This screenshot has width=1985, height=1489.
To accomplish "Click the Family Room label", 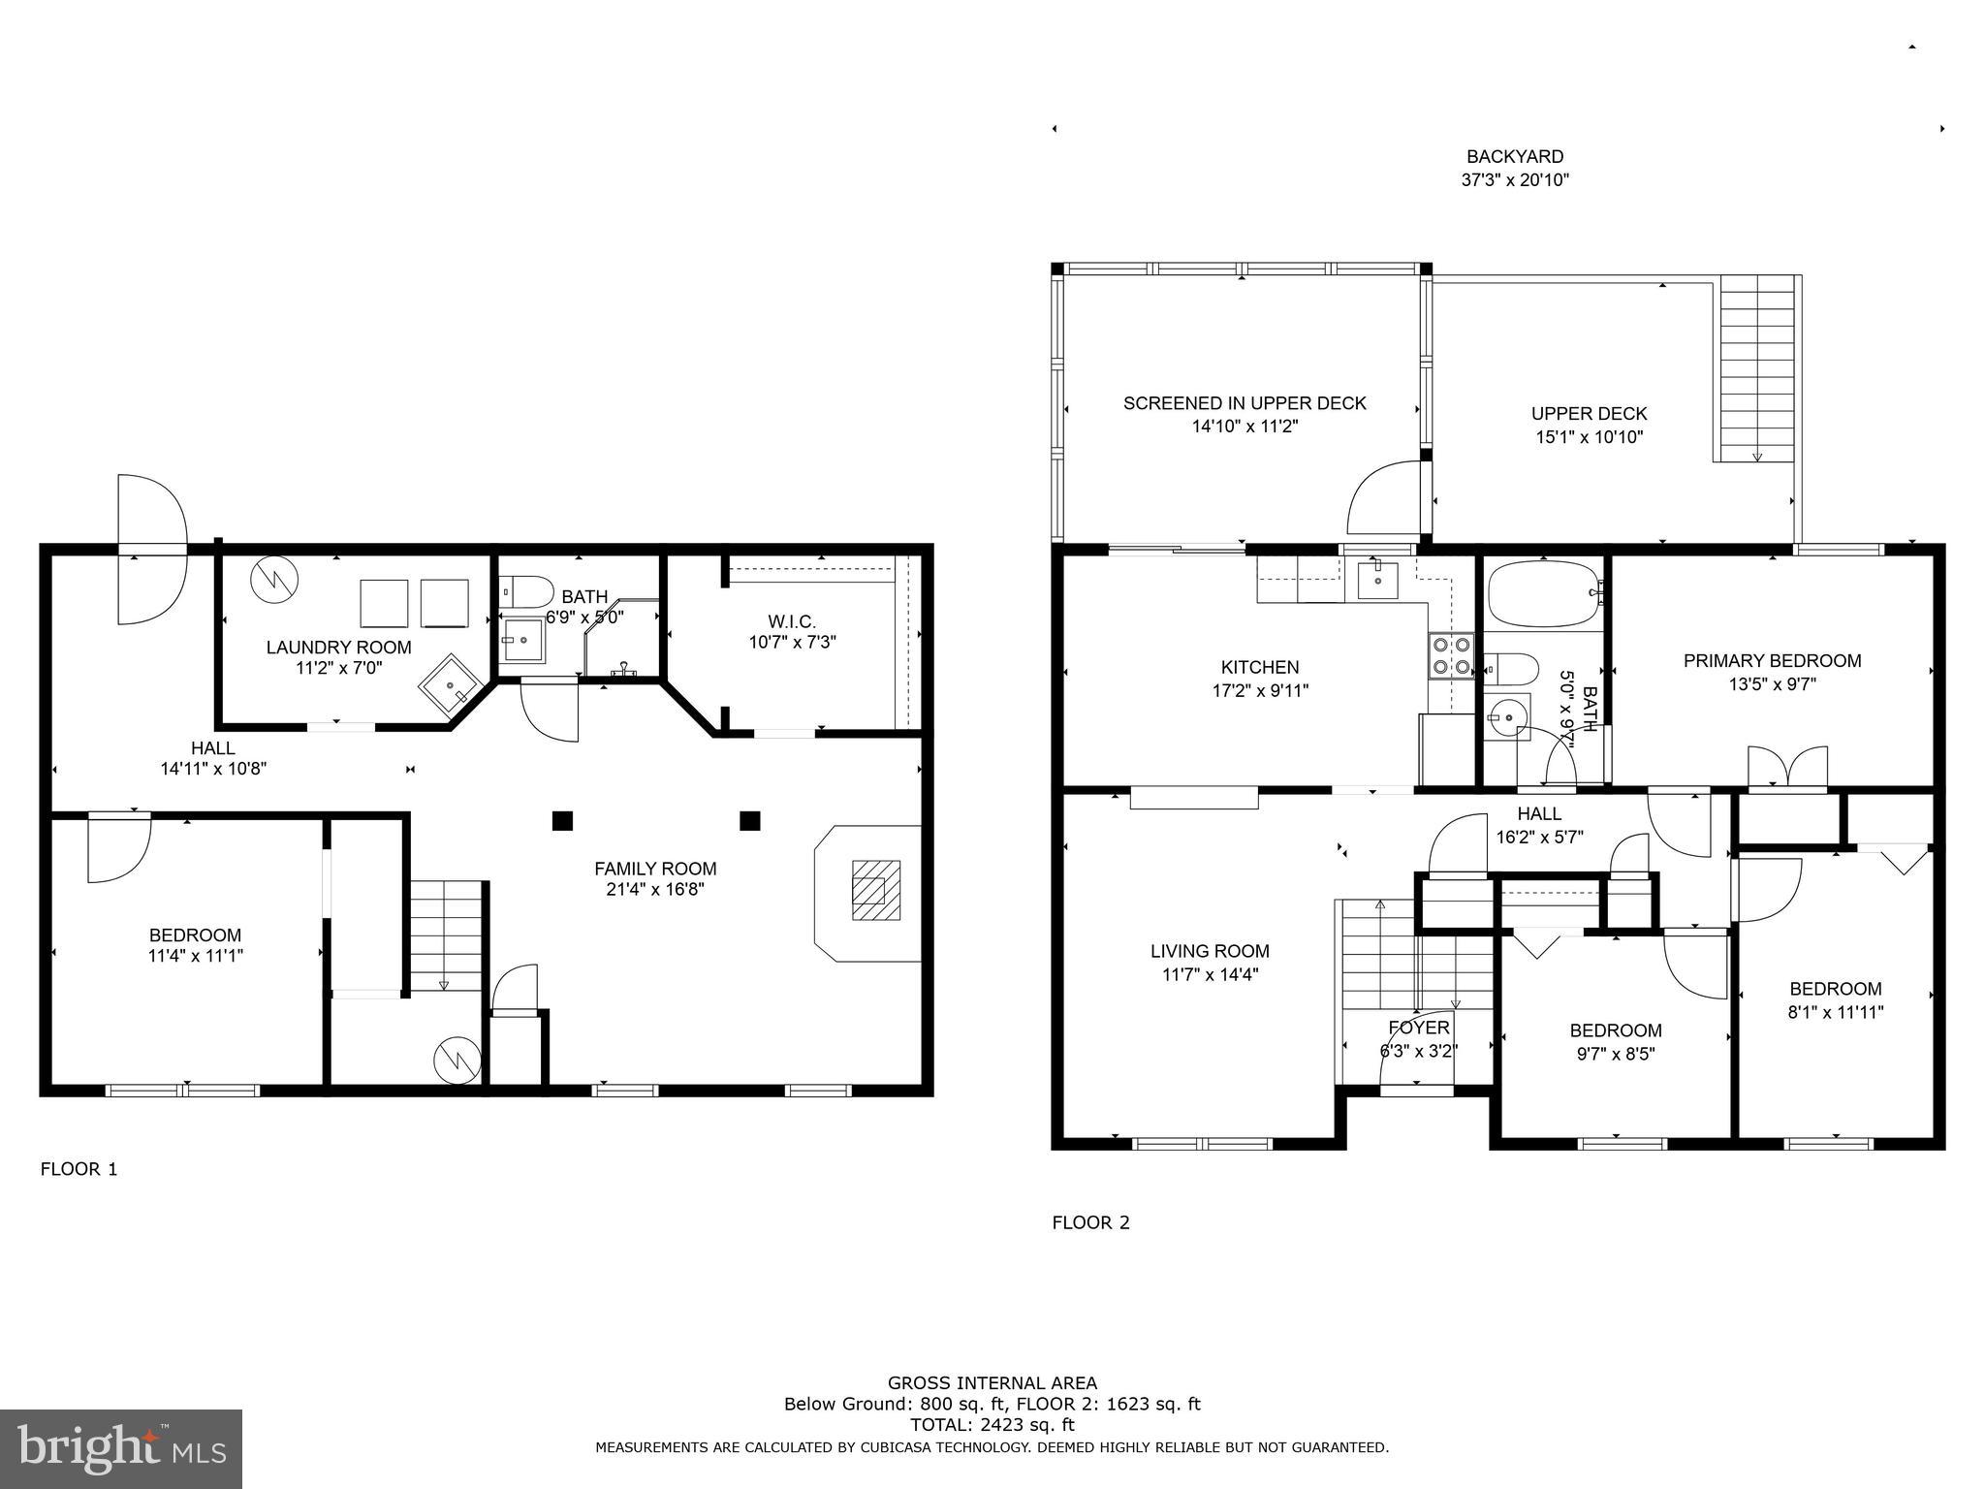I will coord(655,869).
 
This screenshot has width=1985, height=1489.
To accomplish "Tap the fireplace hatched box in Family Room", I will coord(876,890).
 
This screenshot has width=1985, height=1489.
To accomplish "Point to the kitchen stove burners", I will coord(1450,654).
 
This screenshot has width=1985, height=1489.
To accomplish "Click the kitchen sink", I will coord(1377,580).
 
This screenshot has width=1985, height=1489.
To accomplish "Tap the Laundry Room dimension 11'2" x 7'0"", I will coord(339,668).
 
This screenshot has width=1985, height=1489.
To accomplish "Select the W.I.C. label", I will coord(791,621).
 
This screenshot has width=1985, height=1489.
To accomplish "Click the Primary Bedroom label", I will coord(1772,661).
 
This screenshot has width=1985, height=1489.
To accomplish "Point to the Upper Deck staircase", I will coord(1756,368).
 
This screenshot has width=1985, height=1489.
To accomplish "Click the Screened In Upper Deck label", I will coord(1245,403).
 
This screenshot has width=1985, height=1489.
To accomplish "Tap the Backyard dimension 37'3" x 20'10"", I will coord(1515,179).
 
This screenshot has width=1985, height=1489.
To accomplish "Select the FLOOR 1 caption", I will coord(79,1169).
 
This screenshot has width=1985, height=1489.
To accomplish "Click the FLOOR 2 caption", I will coord(1090,1222).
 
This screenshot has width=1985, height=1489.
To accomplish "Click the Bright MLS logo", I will coord(120,1448).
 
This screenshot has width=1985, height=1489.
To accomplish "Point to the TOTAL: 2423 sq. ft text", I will coord(992,1424).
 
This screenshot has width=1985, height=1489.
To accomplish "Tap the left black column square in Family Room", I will coord(562,821).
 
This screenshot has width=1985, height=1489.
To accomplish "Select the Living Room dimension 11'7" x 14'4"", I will coord(1210,975).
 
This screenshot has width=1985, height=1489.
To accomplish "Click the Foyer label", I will coord(1418,1028).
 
